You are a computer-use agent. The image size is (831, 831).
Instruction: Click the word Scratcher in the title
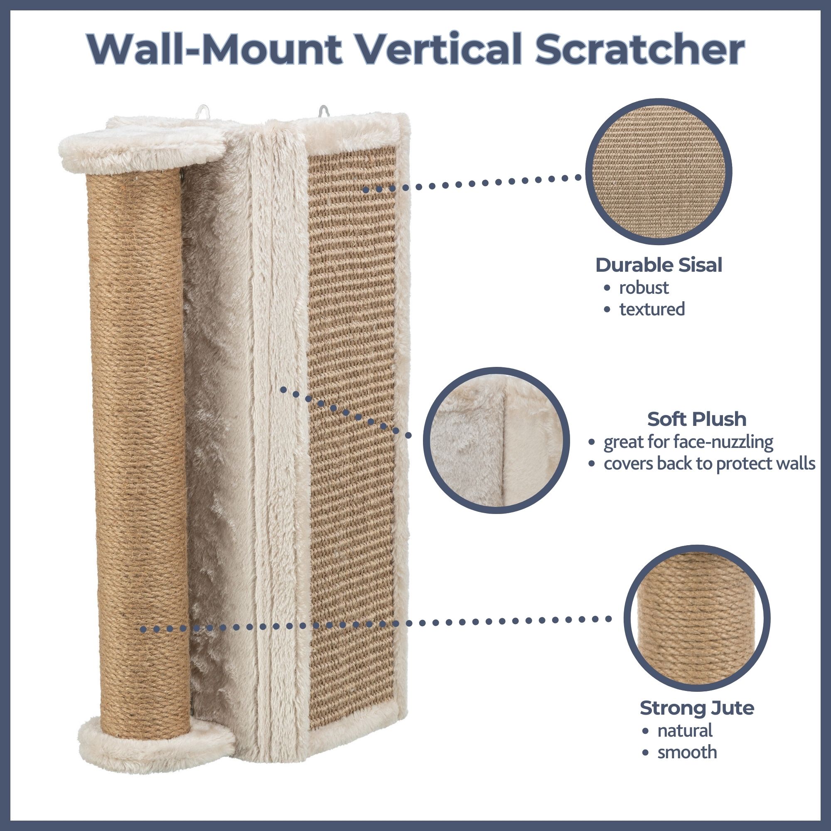[x=640, y=51]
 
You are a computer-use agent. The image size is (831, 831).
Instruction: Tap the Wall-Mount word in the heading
[x=215, y=51]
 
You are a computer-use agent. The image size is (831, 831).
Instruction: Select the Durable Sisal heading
[x=659, y=265]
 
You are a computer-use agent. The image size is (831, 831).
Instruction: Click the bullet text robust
[x=644, y=288]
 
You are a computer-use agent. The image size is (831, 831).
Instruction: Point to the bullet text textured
[x=652, y=309]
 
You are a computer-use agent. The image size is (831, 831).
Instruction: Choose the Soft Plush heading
[x=697, y=418]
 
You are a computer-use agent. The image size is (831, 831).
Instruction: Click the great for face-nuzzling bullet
[x=688, y=442]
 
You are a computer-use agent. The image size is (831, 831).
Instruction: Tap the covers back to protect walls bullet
[x=709, y=464]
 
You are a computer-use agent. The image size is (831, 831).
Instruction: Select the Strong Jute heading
[x=697, y=708]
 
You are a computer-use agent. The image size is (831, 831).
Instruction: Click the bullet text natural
[x=685, y=730]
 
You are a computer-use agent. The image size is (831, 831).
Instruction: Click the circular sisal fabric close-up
[x=659, y=172]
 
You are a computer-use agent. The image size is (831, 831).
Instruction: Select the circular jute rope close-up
[x=697, y=619]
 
